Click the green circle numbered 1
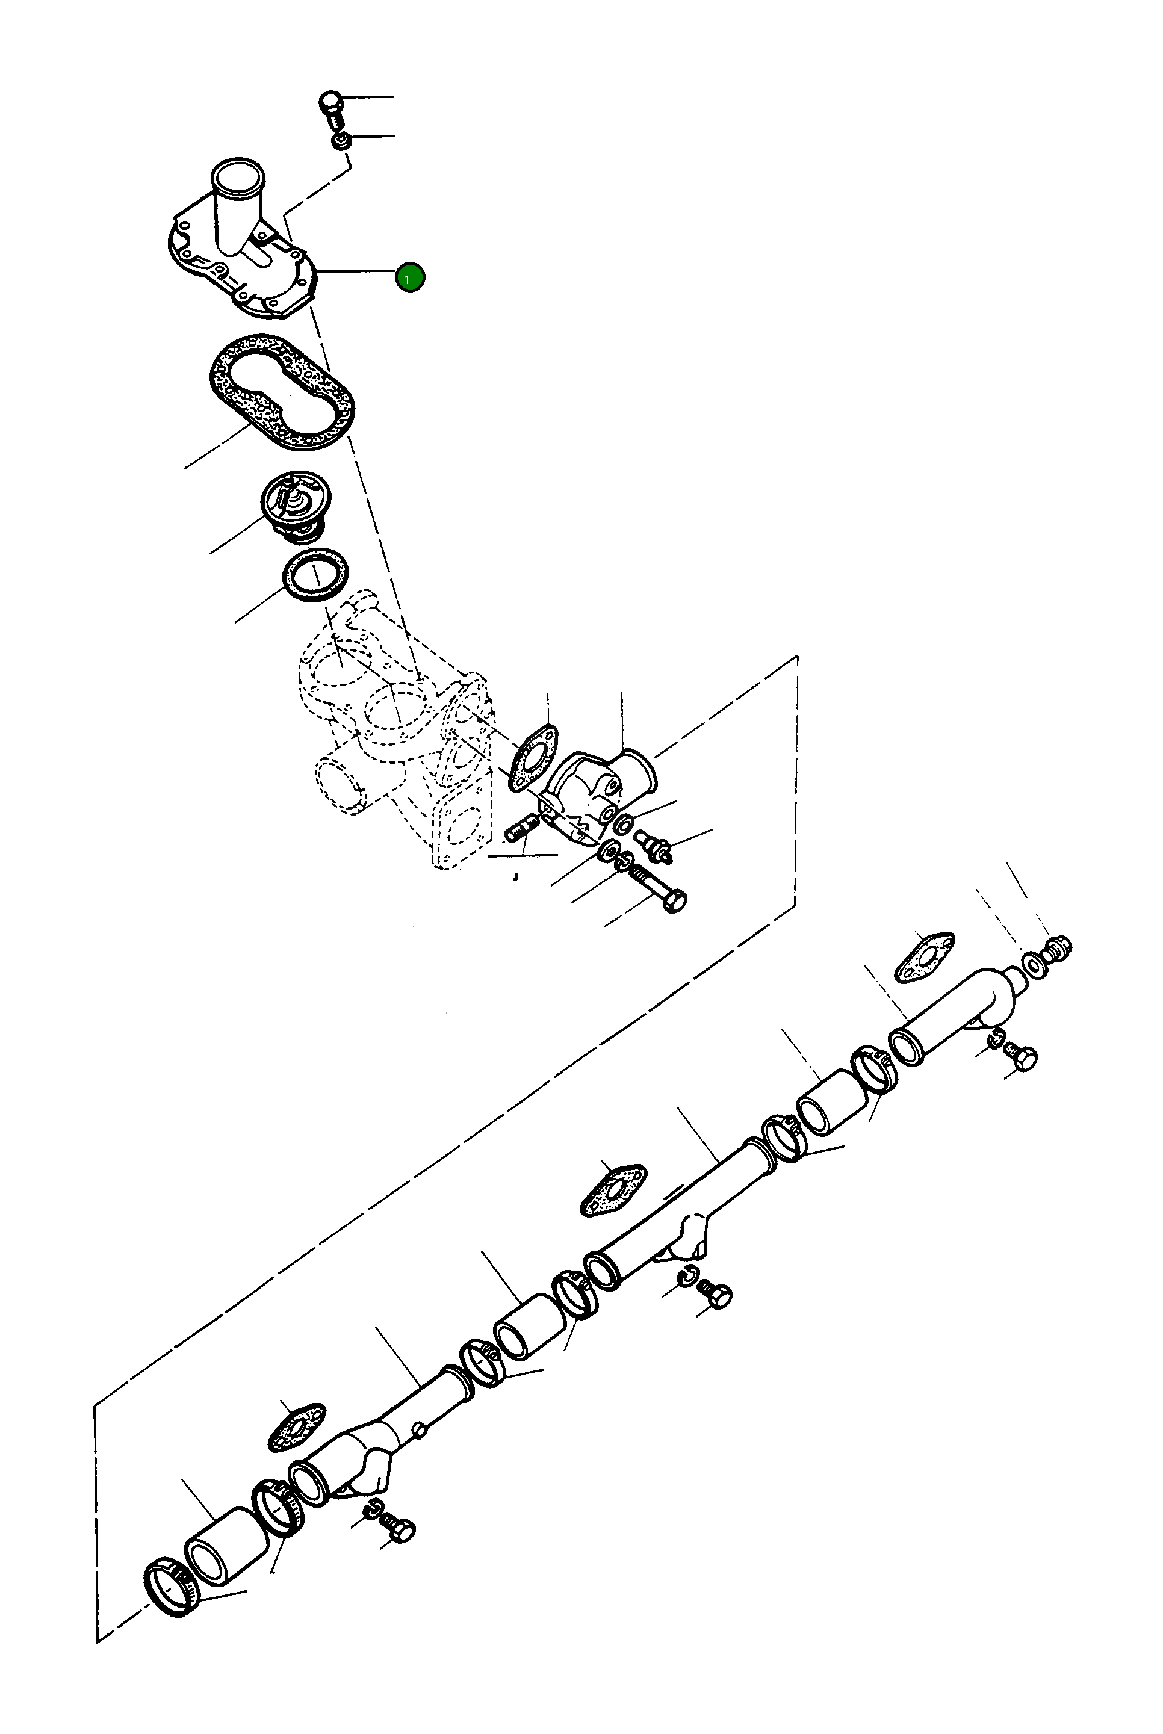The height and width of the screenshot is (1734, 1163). [409, 277]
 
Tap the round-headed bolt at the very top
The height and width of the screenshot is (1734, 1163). [332, 104]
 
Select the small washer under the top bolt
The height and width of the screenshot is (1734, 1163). [341, 140]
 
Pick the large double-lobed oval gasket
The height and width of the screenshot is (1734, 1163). [281, 392]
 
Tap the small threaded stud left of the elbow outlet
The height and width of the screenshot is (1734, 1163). [521, 828]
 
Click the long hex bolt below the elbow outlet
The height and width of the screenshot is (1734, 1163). [658, 887]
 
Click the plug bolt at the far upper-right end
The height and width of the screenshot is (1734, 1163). [1058, 948]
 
